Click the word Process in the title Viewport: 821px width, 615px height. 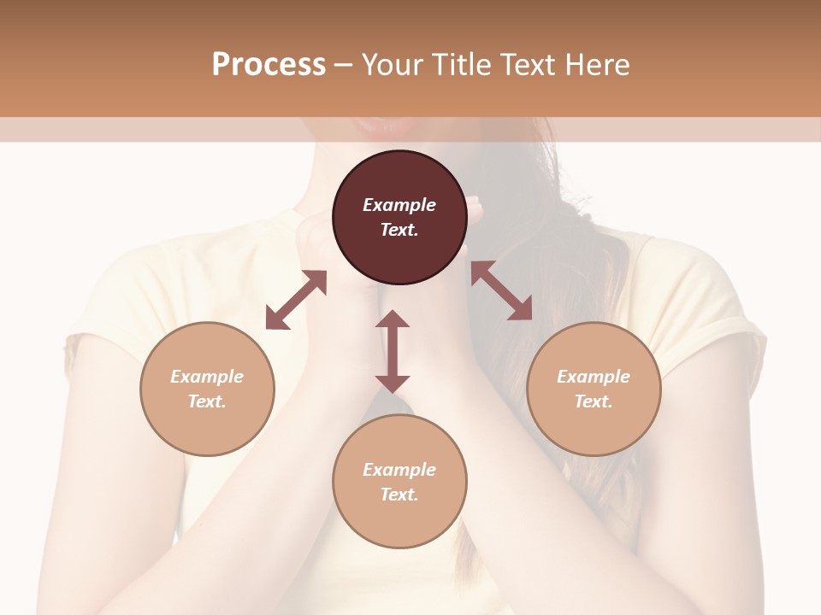click(269, 65)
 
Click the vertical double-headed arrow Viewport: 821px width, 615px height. click(393, 351)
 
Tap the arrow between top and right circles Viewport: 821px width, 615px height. click(502, 290)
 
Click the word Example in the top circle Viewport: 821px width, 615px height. click(399, 205)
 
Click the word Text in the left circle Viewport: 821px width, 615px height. click(207, 401)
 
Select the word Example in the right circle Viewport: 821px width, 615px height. click(594, 377)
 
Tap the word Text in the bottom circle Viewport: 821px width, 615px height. click(399, 495)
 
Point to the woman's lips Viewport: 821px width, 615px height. click(389, 126)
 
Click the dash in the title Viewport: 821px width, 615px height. click(344, 65)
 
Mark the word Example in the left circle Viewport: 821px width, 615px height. click(207, 377)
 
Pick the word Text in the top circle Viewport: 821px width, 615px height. click(399, 230)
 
